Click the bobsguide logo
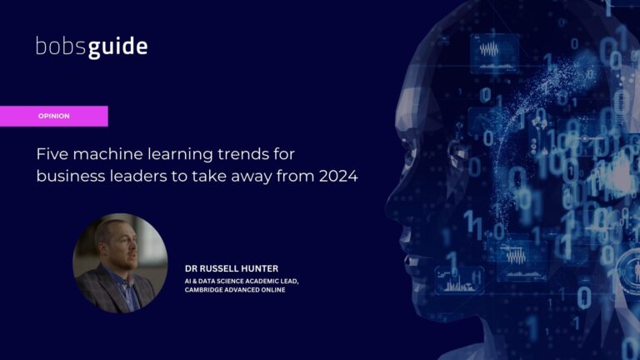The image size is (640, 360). click(92, 47)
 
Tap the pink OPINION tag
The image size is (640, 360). click(54, 117)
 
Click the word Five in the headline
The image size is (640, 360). click(52, 154)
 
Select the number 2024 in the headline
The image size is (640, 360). click(338, 177)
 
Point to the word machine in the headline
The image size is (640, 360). click(108, 154)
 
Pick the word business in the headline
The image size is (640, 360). click(71, 177)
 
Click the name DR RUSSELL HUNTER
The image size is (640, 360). click(232, 268)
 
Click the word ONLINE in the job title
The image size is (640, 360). click(273, 290)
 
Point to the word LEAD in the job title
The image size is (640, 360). click(289, 281)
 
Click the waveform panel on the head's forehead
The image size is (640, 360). click(495, 53)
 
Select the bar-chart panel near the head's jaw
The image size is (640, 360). click(459, 280)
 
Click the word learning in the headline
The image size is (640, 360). click(180, 154)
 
